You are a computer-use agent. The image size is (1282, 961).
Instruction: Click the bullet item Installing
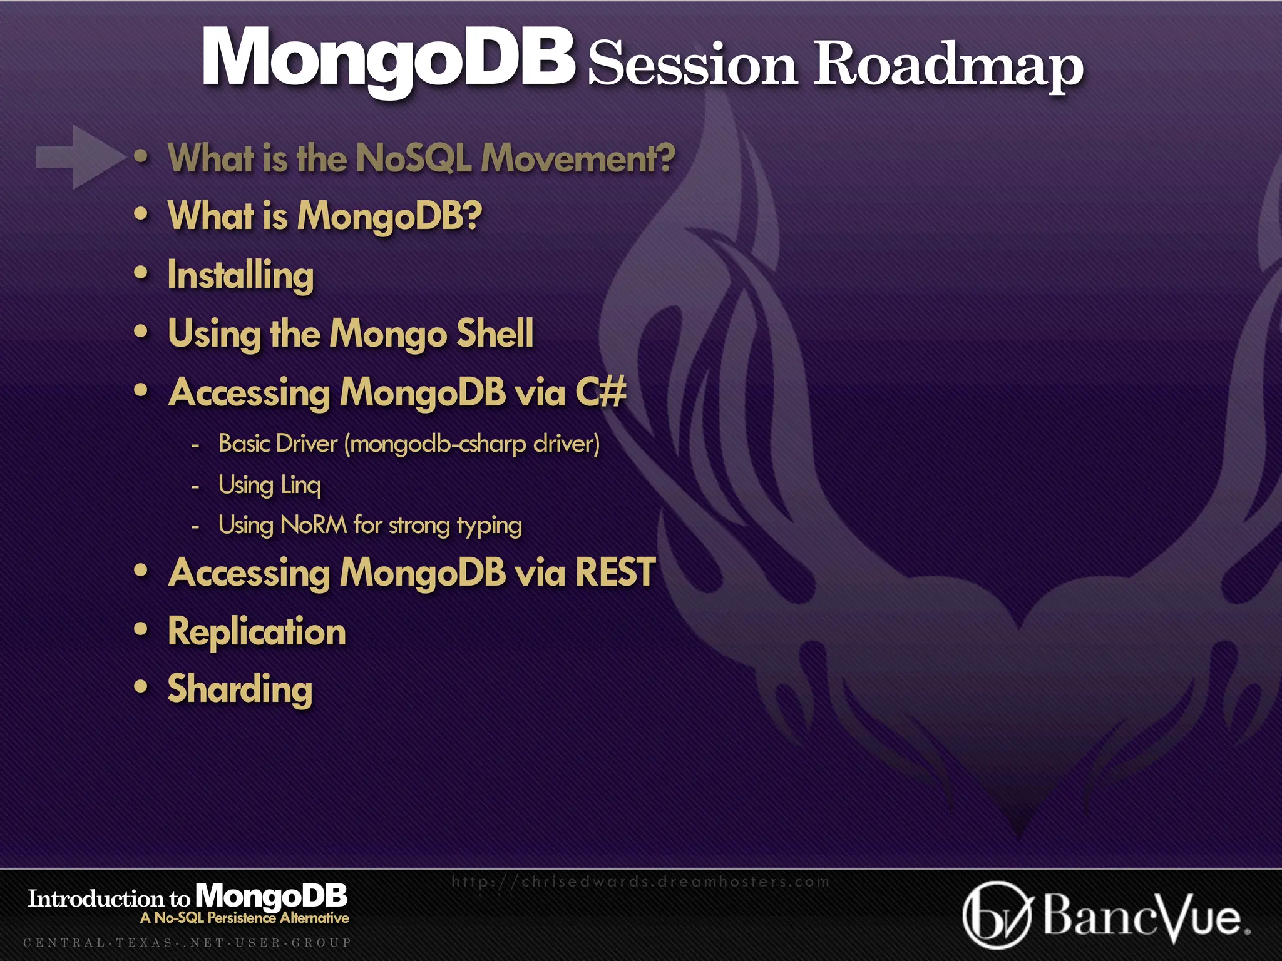pyautogui.click(x=240, y=275)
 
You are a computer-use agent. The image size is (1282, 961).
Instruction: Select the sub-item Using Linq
pyautogui.click(x=269, y=485)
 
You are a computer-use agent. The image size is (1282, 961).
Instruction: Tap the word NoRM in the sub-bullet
pyautogui.click(x=314, y=525)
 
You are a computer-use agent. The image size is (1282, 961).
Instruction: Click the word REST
pyautogui.click(x=615, y=572)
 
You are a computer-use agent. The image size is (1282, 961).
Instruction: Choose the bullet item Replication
pyautogui.click(x=257, y=631)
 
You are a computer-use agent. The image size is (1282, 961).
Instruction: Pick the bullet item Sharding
pyautogui.click(x=240, y=689)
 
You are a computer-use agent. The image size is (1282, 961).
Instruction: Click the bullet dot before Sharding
pyautogui.click(x=141, y=687)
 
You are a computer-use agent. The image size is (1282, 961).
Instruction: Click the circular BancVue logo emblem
pyautogui.click(x=997, y=915)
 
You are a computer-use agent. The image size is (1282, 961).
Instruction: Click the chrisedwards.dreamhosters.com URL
pyautogui.click(x=640, y=882)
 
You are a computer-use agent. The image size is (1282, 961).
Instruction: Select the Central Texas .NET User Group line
pyautogui.click(x=187, y=942)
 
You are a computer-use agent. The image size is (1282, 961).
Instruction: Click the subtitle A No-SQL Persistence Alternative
pyautogui.click(x=245, y=918)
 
